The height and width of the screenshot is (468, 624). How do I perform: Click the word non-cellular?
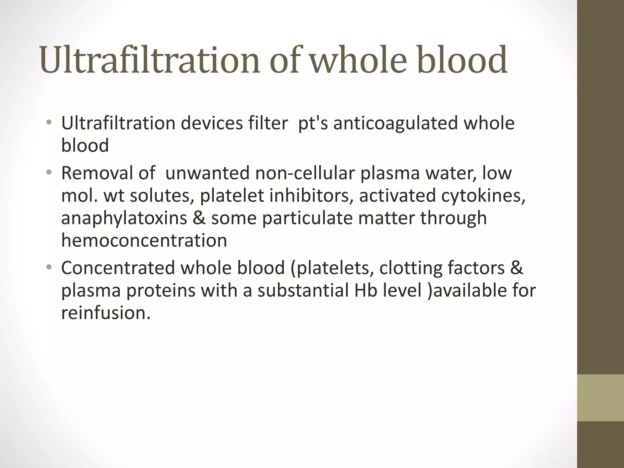coord(305,173)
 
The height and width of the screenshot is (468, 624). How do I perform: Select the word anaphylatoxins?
coord(124,218)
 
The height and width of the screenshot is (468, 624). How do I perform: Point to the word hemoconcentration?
coord(144,240)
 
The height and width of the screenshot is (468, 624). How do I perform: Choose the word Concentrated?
coord(118,268)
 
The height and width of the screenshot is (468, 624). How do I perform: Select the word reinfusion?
coord(106,313)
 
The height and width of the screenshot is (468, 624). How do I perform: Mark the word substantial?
coord(303,290)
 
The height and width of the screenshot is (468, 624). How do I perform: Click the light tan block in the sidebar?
coord(601,398)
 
